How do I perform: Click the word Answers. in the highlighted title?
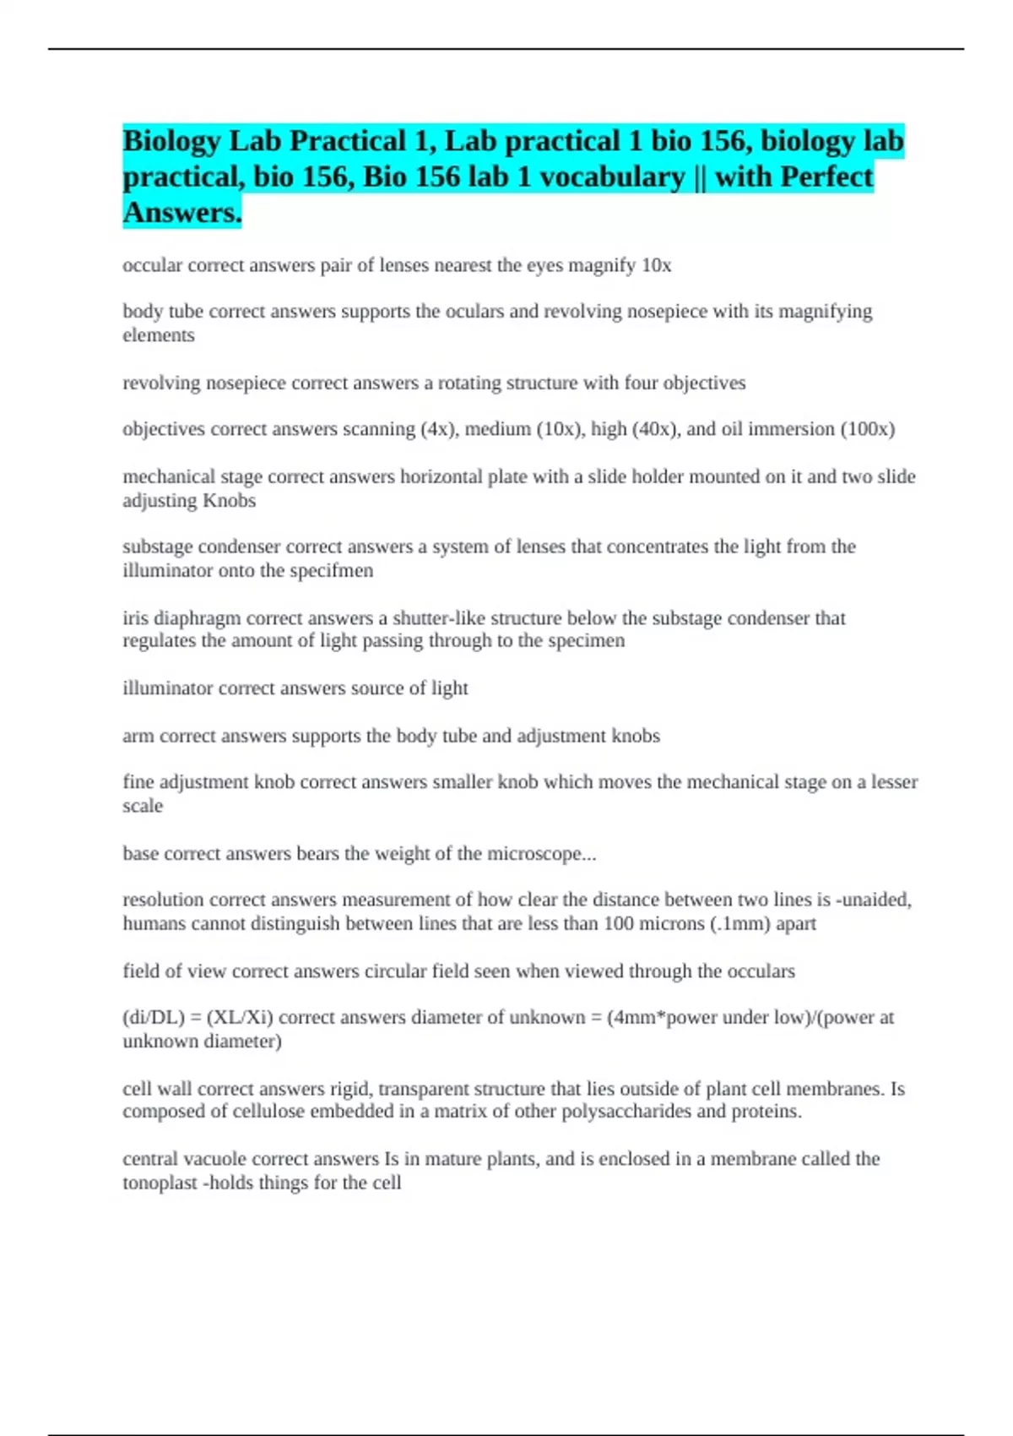[182, 212]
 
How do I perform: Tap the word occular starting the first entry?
[152, 265]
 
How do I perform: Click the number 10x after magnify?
[656, 265]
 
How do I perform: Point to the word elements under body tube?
[159, 335]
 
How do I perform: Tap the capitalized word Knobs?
[229, 500]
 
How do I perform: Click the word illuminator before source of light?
[167, 688]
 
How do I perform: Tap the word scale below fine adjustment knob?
[143, 806]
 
